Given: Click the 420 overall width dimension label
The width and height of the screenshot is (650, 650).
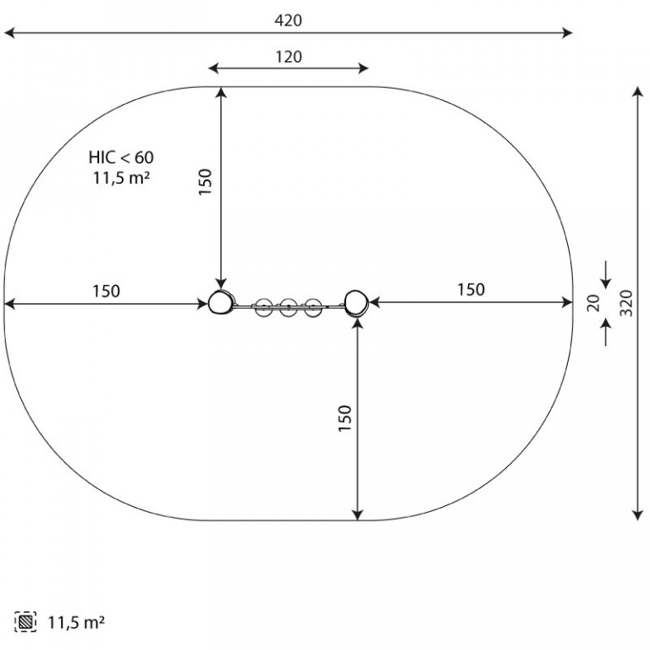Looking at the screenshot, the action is pyautogui.click(x=288, y=20).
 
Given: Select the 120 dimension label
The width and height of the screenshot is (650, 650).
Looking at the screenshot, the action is pyautogui.click(x=289, y=57).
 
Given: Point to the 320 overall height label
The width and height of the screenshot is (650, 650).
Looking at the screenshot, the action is pyautogui.click(x=626, y=303).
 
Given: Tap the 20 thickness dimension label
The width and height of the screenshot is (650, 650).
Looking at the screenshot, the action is pyautogui.click(x=593, y=303).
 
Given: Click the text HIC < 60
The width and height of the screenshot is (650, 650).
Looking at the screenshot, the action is pyautogui.click(x=121, y=157).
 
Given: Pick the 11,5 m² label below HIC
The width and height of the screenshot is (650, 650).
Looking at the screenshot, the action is pyautogui.click(x=121, y=178).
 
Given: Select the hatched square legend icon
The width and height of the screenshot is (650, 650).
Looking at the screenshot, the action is pyautogui.click(x=25, y=622).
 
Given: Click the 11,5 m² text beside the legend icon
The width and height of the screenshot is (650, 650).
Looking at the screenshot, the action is pyautogui.click(x=76, y=622).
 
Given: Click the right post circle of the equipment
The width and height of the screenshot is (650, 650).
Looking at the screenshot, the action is pyautogui.click(x=356, y=303).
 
